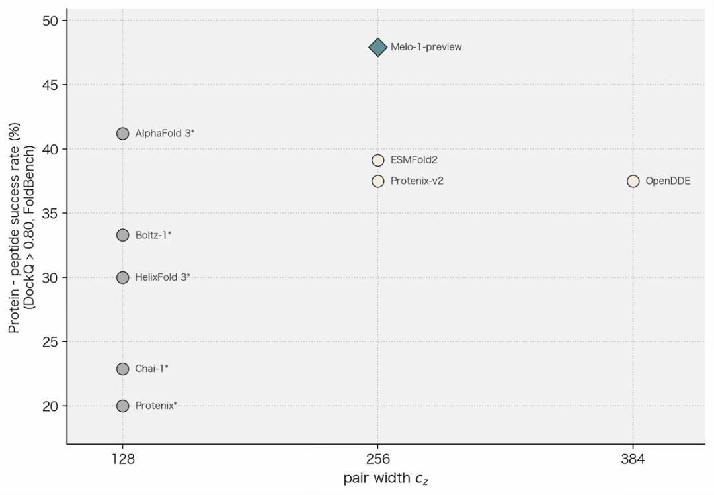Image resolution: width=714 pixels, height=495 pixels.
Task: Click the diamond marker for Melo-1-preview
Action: (377, 47)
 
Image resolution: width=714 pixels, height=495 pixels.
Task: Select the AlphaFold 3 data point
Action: (122, 134)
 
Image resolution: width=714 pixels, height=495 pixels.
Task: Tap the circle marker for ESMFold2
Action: (377, 160)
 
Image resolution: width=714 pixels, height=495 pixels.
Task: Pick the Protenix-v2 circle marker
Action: (377, 181)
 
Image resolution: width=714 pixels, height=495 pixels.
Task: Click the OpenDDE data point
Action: (633, 181)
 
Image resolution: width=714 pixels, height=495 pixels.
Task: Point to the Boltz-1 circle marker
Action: (122, 235)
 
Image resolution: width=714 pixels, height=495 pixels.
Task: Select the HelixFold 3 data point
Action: (122, 277)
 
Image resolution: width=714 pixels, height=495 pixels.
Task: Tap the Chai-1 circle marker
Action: (122, 369)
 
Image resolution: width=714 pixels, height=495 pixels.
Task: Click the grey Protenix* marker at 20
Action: (122, 406)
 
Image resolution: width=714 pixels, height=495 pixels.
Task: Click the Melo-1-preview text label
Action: (426, 47)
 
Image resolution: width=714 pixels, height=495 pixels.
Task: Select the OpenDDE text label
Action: (668, 181)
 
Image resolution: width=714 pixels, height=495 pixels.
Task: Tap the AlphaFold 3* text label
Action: (165, 134)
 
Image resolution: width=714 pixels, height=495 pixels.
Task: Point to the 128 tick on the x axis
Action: (123, 459)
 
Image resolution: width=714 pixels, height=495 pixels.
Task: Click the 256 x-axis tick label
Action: (377, 459)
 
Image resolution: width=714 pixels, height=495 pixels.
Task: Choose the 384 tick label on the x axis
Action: (633, 459)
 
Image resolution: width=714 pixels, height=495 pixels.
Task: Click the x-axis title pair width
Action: (377, 478)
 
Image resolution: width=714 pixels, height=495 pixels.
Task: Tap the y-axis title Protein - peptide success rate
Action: (14, 228)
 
